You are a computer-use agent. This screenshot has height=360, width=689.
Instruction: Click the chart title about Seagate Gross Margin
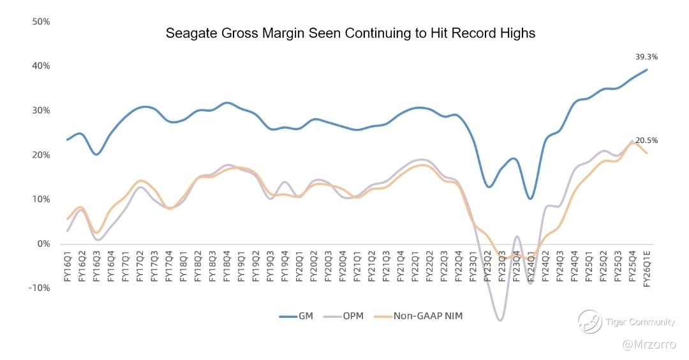(x=350, y=33)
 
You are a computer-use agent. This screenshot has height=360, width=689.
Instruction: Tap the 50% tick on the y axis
(x=41, y=22)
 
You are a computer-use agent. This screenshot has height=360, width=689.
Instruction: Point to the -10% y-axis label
(x=40, y=288)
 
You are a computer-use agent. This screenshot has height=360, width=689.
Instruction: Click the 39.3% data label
(x=646, y=57)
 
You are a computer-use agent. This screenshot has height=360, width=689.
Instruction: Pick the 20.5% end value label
(x=646, y=140)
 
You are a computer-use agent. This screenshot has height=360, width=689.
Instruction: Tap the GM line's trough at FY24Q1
(x=530, y=199)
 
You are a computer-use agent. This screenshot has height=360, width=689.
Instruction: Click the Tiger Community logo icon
(x=589, y=322)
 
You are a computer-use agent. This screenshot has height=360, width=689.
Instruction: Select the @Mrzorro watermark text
(x=649, y=345)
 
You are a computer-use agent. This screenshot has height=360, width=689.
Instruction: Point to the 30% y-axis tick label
(x=41, y=110)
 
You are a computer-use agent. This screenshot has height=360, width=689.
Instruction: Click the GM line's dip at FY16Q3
(x=96, y=154)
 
